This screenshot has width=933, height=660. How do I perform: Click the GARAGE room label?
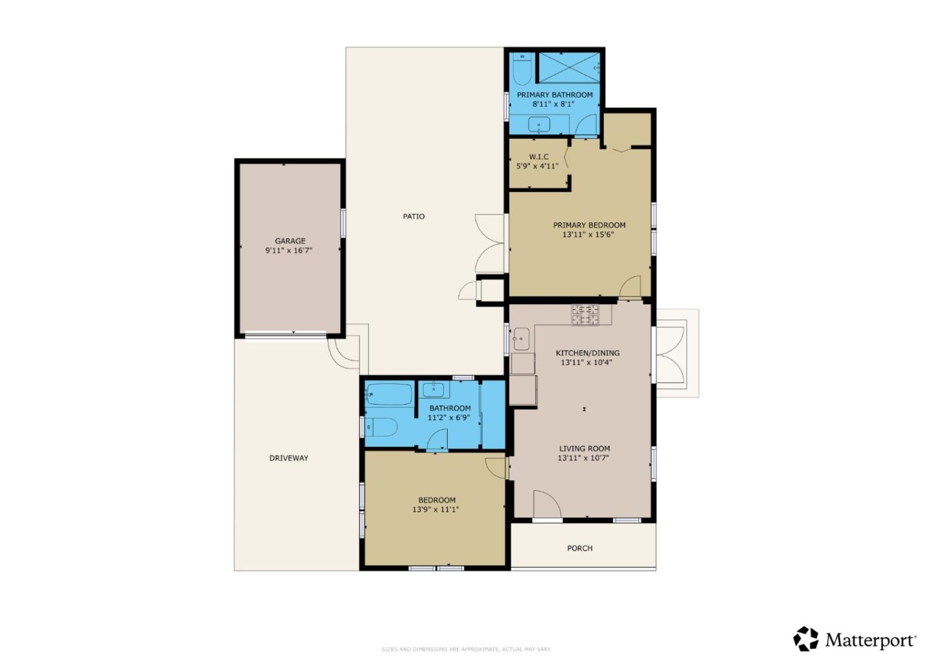pyautogui.click(x=290, y=241)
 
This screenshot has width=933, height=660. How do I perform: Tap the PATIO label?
pyautogui.click(x=413, y=217)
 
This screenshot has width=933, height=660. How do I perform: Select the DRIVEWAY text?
pyautogui.click(x=288, y=458)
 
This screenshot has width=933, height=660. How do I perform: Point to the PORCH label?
pyautogui.click(x=579, y=548)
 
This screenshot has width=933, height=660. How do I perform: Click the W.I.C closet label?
pyautogui.click(x=538, y=157)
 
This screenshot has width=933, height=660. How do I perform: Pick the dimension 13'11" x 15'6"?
pyautogui.click(x=588, y=235)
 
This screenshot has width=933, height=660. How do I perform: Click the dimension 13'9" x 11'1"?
pyautogui.click(x=435, y=510)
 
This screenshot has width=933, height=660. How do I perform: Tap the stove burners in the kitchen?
pyautogui.click(x=584, y=314)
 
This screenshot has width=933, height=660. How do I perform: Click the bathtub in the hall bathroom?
pyautogui.click(x=389, y=394)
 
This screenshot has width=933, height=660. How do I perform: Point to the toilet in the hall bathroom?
pyautogui.click(x=382, y=427)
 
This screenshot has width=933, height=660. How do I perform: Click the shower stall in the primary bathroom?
pyautogui.click(x=568, y=67)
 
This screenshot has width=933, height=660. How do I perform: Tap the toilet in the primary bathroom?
pyautogui.click(x=522, y=69)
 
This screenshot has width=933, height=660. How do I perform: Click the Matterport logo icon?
pyautogui.click(x=806, y=639)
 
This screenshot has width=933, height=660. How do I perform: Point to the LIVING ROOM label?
pyautogui.click(x=584, y=449)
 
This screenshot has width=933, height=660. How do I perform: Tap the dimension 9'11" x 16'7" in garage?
pyautogui.click(x=289, y=250)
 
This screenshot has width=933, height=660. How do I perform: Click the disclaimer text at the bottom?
pyautogui.click(x=466, y=649)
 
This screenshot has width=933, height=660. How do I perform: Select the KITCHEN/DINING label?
pyautogui.click(x=587, y=353)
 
